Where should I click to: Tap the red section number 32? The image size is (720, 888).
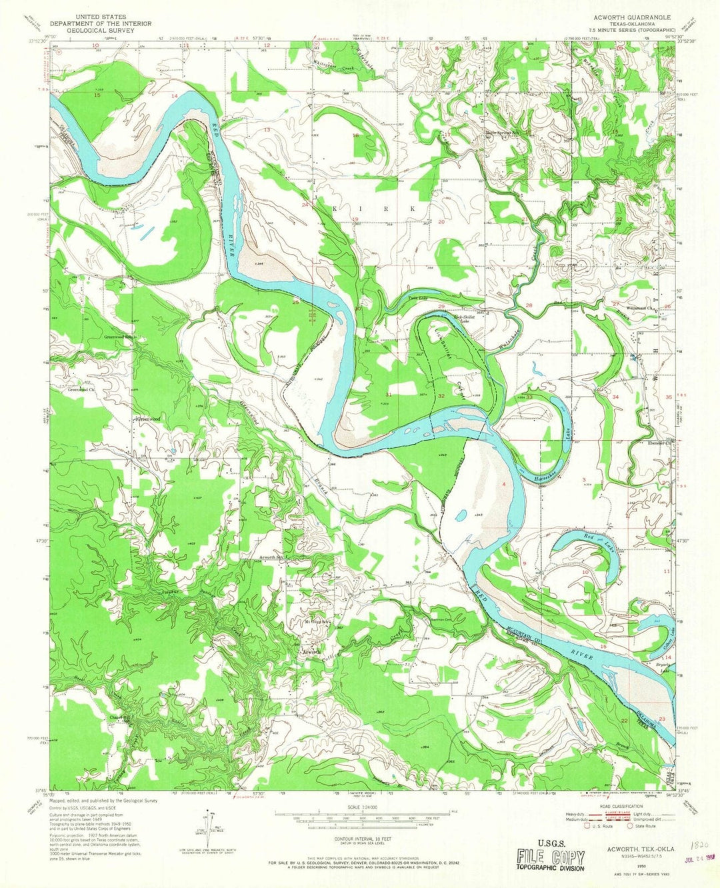pyautogui.click(x=441, y=396)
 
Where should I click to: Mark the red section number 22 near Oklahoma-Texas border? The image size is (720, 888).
pyautogui.click(x=624, y=721)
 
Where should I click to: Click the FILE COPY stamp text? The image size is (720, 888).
pyautogui.click(x=550, y=857)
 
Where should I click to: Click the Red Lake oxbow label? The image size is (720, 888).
pyautogui.click(x=588, y=537)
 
